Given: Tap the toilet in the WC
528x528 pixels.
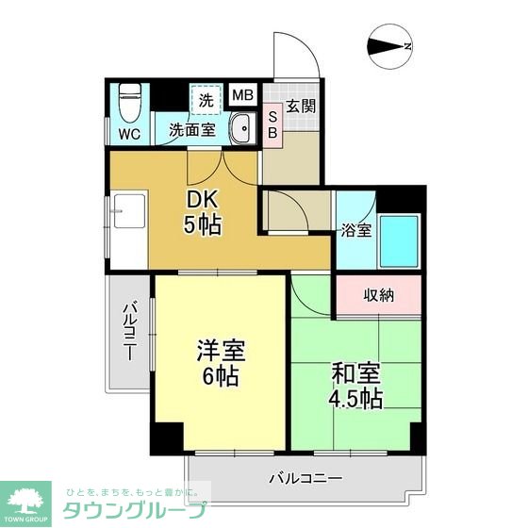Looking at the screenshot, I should point(129,98).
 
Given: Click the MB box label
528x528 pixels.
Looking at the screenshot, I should point(242,95).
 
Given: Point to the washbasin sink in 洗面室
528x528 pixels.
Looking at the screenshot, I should point(239,128).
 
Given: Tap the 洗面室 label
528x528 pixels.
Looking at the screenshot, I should point(193,132).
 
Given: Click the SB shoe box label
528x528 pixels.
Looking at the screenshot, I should point(272,124).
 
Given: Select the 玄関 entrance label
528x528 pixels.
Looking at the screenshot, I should point(301,105).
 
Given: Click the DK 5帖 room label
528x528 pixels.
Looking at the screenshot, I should point(203,213).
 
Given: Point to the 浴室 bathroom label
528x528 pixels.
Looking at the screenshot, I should point(355,229).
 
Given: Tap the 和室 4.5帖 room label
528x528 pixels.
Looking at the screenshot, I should point(355,386).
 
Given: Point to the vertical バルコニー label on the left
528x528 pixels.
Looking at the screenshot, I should point(129,332).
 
